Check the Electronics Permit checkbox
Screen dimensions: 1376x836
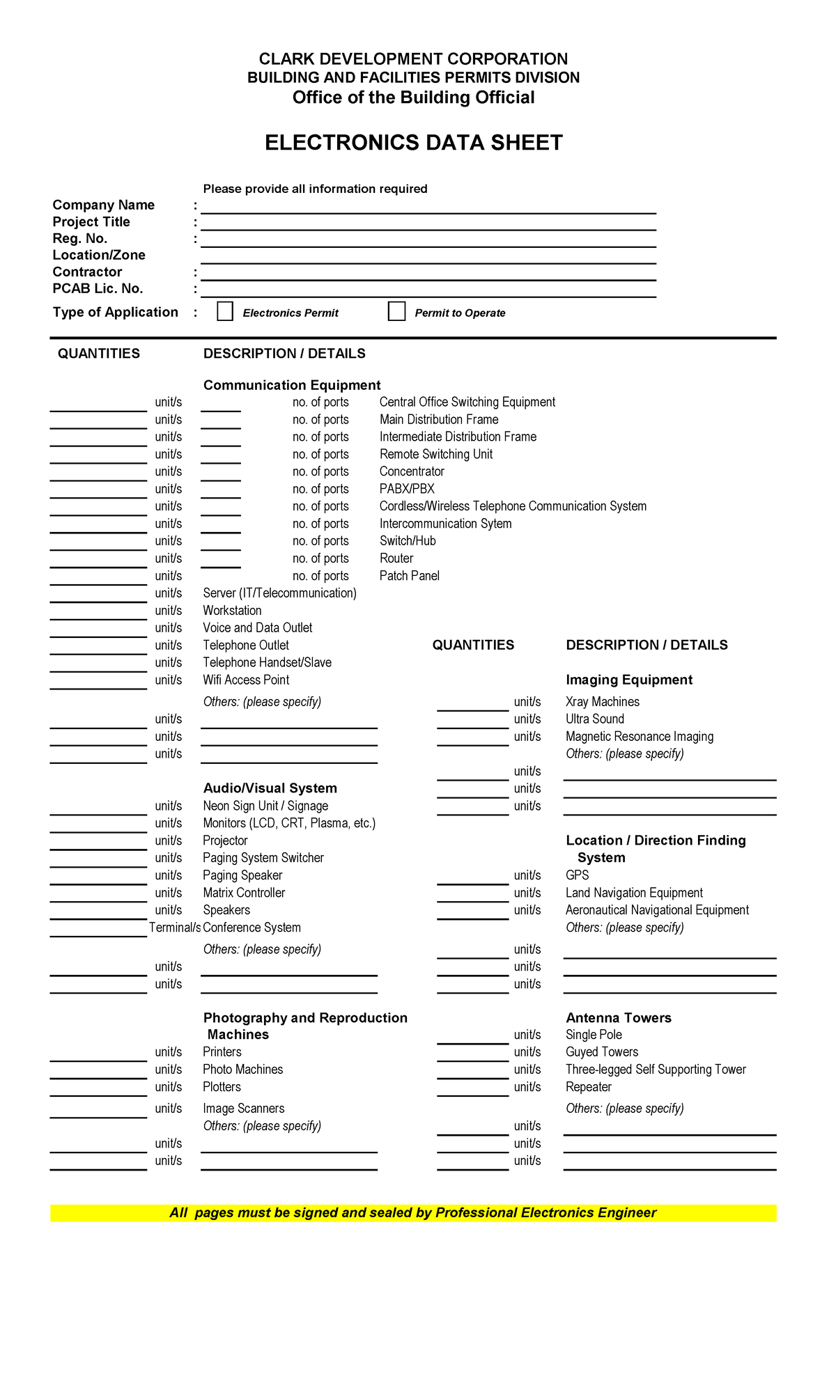225,311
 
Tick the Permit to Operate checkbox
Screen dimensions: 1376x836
396,311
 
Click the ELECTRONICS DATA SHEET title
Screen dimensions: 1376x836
413,143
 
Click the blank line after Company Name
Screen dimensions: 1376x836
428,207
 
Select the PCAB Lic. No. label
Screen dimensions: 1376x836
98,288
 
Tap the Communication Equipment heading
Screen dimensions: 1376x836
291,385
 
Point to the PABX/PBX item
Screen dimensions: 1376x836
407,489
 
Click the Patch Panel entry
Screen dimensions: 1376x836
409,576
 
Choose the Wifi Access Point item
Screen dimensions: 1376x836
246,680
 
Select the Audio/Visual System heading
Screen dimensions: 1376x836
270,788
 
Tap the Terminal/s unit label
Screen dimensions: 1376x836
174,928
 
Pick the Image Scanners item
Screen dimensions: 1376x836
243,1108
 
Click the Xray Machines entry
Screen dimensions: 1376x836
602,702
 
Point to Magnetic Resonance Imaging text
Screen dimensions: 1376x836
639,737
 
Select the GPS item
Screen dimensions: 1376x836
577,875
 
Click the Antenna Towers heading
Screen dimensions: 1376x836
618,1018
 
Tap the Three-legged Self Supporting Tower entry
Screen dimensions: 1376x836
655,1070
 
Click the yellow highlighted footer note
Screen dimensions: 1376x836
413,1213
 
